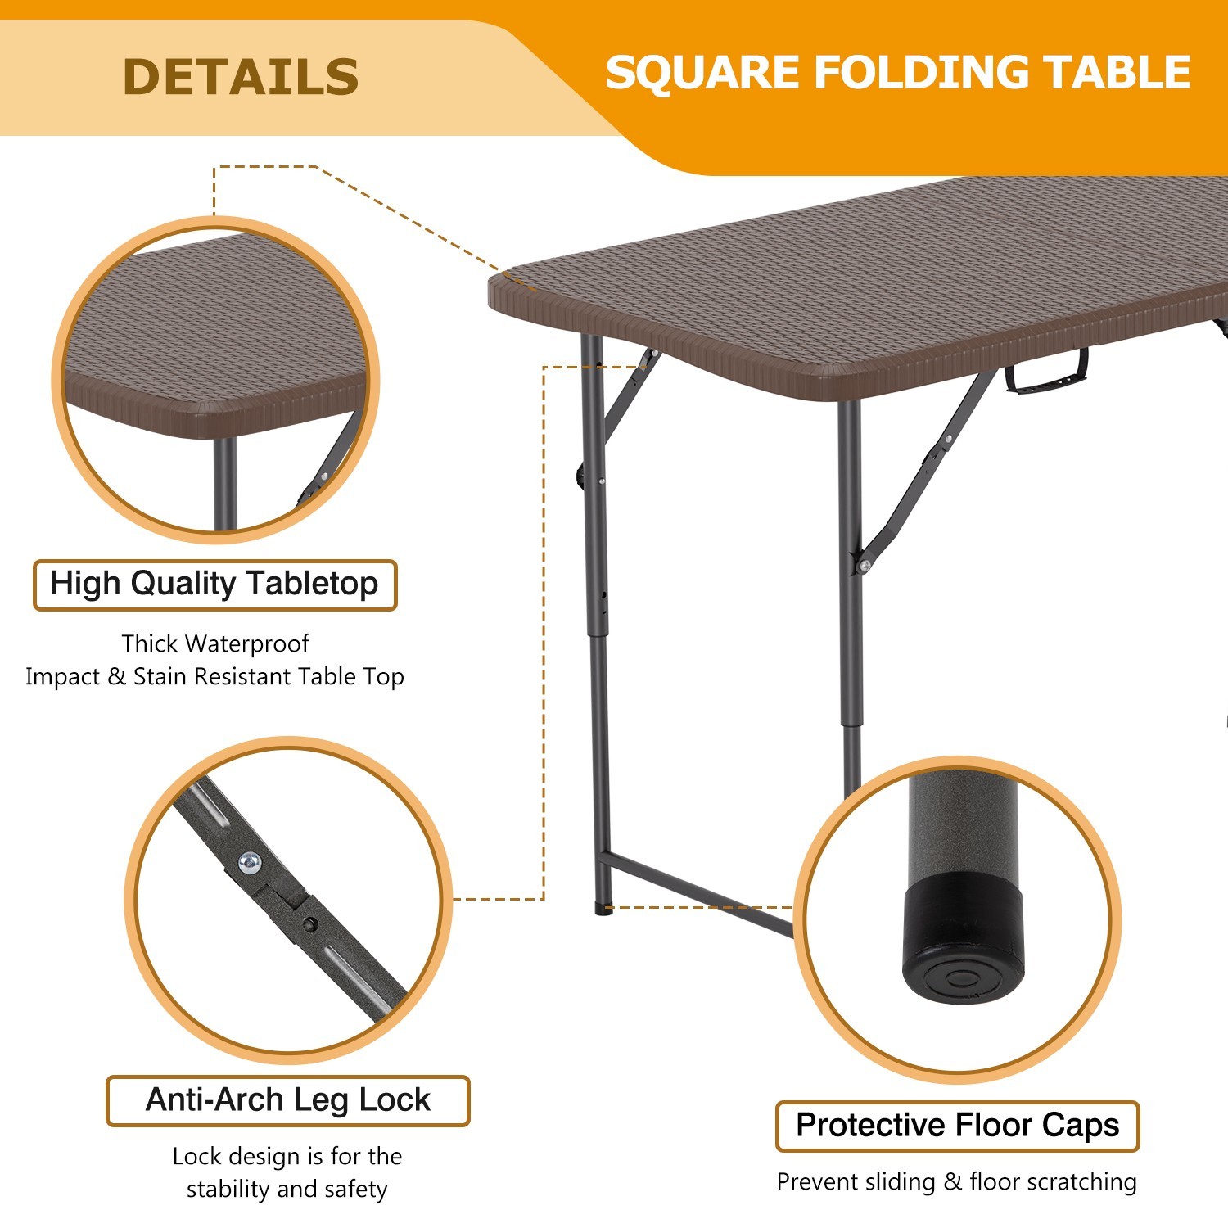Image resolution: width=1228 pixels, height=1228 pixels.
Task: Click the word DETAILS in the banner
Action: click(240, 77)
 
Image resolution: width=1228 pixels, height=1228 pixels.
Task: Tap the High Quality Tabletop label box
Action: click(214, 585)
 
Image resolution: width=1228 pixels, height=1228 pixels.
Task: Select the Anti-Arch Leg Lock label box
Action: click(287, 1100)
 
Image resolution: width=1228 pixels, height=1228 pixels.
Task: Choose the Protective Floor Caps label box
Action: click(957, 1126)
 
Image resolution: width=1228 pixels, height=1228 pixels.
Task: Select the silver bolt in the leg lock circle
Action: click(250, 861)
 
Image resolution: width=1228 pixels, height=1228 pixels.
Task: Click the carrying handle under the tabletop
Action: click(1047, 372)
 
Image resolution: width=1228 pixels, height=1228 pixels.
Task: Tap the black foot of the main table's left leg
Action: click(603, 909)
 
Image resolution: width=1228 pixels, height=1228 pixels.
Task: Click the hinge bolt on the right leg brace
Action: click(863, 565)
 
